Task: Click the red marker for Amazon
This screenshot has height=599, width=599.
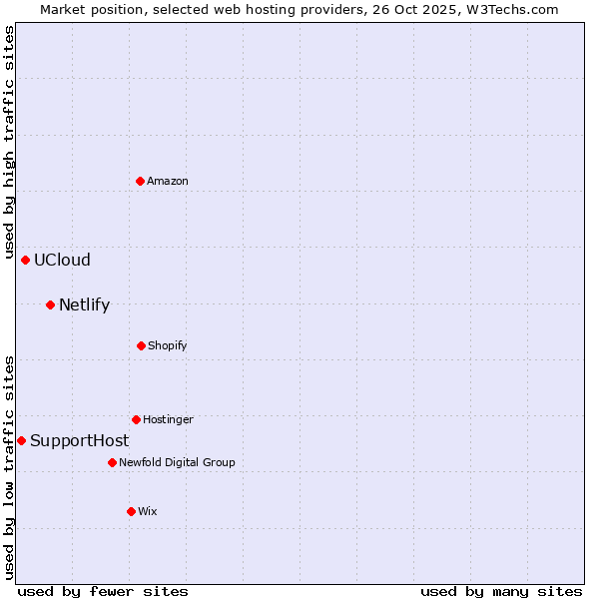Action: click(x=141, y=181)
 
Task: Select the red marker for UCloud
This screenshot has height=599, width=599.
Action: click(x=26, y=260)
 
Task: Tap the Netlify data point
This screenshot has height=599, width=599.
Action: click(x=51, y=304)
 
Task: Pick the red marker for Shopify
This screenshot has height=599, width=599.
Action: click(x=142, y=345)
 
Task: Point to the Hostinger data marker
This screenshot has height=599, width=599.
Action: click(x=137, y=419)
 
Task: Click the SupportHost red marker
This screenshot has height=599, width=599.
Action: click(x=22, y=440)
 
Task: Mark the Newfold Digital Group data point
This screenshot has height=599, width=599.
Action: click(x=113, y=462)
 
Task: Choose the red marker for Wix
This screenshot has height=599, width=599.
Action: click(x=132, y=511)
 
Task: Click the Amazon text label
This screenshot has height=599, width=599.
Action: click(x=168, y=181)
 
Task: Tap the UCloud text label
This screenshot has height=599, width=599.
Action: click(x=62, y=260)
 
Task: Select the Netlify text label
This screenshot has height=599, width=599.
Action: click(x=84, y=304)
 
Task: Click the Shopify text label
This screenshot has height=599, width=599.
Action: click(x=168, y=345)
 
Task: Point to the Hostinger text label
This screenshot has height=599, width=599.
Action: click(x=168, y=419)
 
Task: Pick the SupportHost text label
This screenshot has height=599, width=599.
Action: click(x=79, y=440)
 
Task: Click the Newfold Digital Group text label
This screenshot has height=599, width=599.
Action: click(x=177, y=462)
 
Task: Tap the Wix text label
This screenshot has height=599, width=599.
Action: click(x=148, y=511)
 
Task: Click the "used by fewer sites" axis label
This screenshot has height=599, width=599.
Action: click(x=103, y=591)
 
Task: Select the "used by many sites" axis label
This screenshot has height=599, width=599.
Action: click(x=501, y=591)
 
